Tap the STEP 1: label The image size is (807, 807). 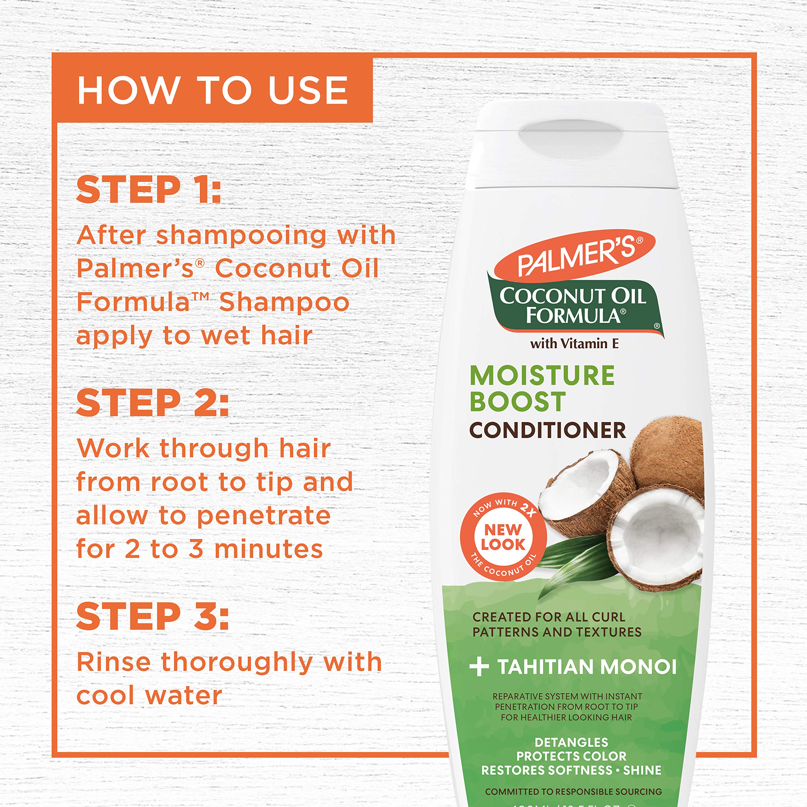point(148,190)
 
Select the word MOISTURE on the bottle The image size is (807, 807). point(542,375)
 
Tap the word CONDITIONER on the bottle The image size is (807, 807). point(547,431)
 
